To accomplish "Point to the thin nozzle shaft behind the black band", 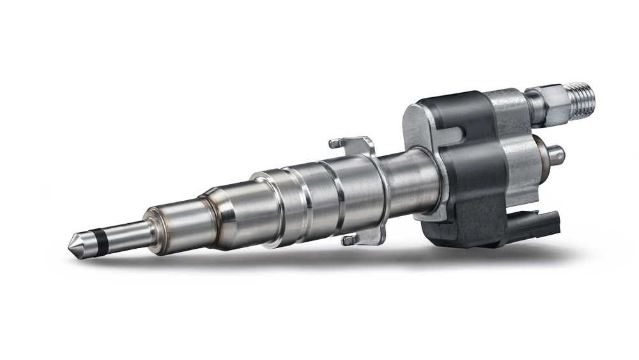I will coord(125,231).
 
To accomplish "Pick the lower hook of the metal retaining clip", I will coord(350,240).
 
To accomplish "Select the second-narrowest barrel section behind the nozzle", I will coord(179,221).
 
